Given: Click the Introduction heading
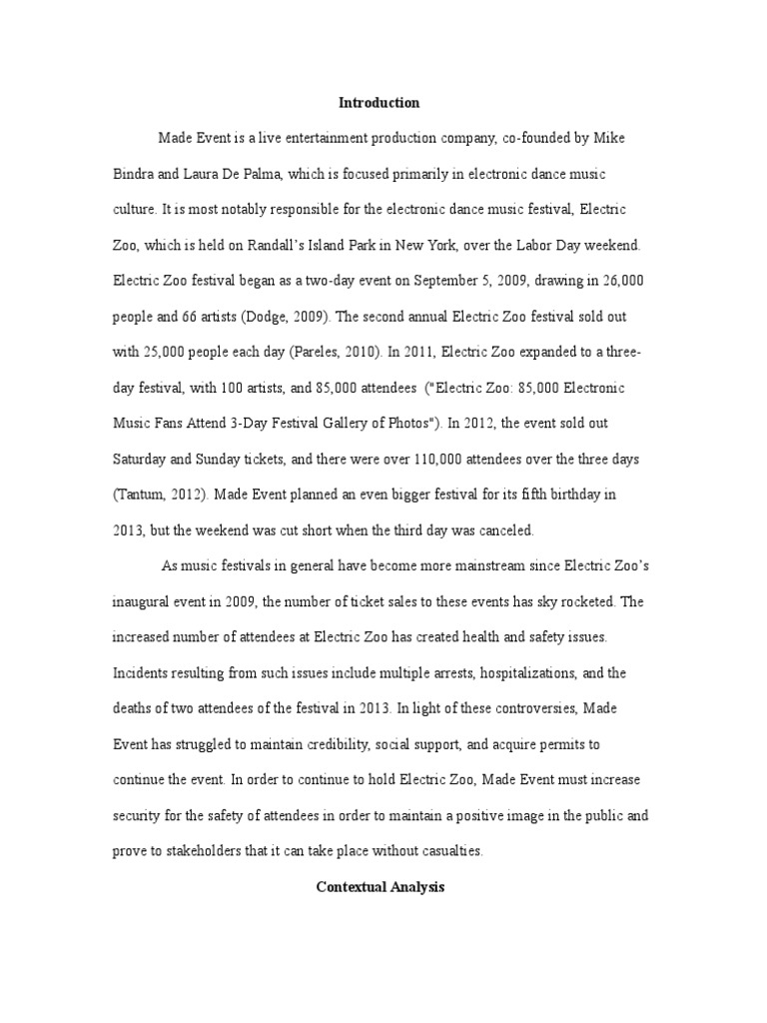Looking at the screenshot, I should point(380,103).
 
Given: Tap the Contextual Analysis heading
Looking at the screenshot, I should point(379,886).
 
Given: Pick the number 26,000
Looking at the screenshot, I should point(619,281).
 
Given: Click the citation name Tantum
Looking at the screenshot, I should point(143,496).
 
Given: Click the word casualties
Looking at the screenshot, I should point(448,852).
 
